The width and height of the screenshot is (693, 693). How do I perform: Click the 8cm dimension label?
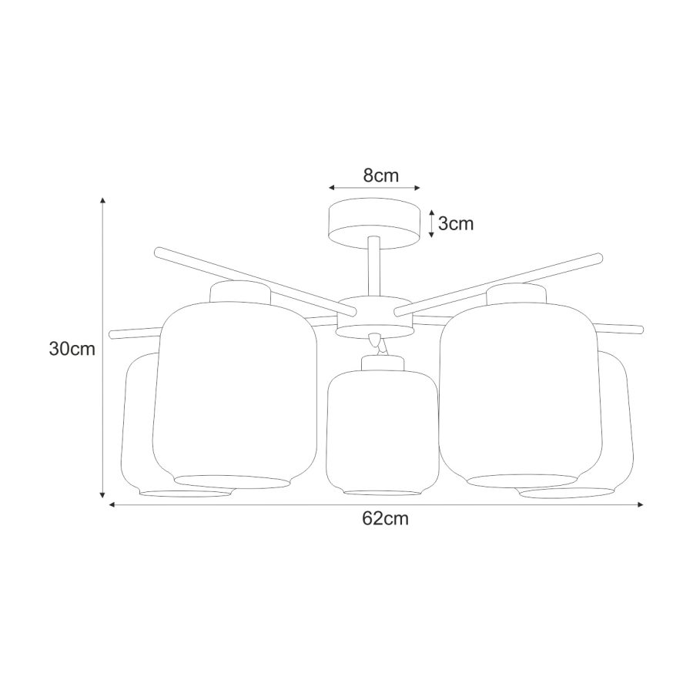click(x=381, y=176)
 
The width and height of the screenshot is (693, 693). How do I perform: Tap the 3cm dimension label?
click(x=456, y=223)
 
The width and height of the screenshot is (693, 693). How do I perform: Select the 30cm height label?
click(x=72, y=349)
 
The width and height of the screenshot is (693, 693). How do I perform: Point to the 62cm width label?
click(x=386, y=518)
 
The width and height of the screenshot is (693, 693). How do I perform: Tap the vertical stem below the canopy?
click(x=374, y=267)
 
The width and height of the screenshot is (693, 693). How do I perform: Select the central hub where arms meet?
click(x=374, y=317)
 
